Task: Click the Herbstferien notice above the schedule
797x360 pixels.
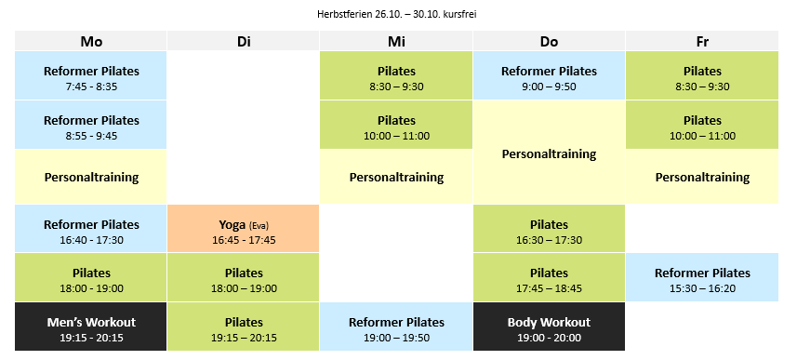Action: (396, 15)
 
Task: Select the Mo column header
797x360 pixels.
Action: (91, 41)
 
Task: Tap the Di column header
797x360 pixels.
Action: (244, 41)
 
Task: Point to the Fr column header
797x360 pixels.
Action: (702, 41)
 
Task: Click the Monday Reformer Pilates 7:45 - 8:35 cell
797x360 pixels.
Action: (91, 75)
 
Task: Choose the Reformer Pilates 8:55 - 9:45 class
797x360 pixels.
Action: (91, 125)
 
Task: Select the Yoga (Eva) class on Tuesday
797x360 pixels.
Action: (244, 229)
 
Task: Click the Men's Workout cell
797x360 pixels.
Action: (91, 327)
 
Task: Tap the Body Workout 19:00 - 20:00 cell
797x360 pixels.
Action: (549, 327)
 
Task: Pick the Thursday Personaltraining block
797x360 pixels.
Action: (549, 153)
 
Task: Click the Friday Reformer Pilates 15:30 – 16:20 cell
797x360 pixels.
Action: (702, 277)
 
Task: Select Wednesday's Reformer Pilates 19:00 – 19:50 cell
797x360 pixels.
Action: (396, 327)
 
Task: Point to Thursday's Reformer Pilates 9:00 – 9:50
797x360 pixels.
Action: (549, 75)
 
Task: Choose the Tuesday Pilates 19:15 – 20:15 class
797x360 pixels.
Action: (244, 327)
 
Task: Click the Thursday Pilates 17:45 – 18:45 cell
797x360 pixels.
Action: (549, 277)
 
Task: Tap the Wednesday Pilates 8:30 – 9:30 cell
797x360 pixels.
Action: (396, 75)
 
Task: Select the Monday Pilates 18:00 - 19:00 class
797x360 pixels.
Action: (91, 277)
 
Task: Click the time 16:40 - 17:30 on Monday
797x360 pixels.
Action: (91, 240)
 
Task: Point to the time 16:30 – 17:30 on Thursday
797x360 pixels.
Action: (549, 240)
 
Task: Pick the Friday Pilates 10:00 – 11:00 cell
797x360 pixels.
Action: (702, 125)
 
